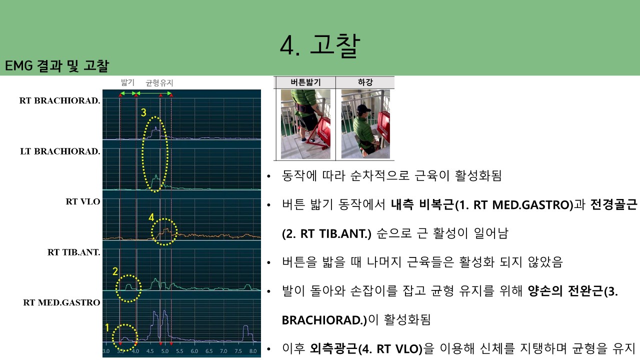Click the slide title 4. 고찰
click(320, 45)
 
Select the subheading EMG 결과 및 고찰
click(57, 65)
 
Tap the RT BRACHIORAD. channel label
click(59, 100)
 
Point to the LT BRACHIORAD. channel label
click(60, 151)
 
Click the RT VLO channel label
click(83, 201)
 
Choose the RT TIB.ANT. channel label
click(73, 252)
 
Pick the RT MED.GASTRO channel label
click(61, 302)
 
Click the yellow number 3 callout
click(143, 112)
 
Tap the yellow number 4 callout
click(151, 217)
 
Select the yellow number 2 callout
click(115, 271)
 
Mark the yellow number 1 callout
click(107, 327)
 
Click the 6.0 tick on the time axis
click(194, 351)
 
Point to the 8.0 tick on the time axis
click(253, 351)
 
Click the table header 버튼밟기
click(305, 82)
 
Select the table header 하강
click(365, 82)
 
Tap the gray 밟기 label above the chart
click(127, 82)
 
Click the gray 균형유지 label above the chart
click(159, 83)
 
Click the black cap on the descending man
click(363, 108)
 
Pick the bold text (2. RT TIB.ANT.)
click(326, 233)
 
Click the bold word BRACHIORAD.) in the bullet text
click(324, 320)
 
